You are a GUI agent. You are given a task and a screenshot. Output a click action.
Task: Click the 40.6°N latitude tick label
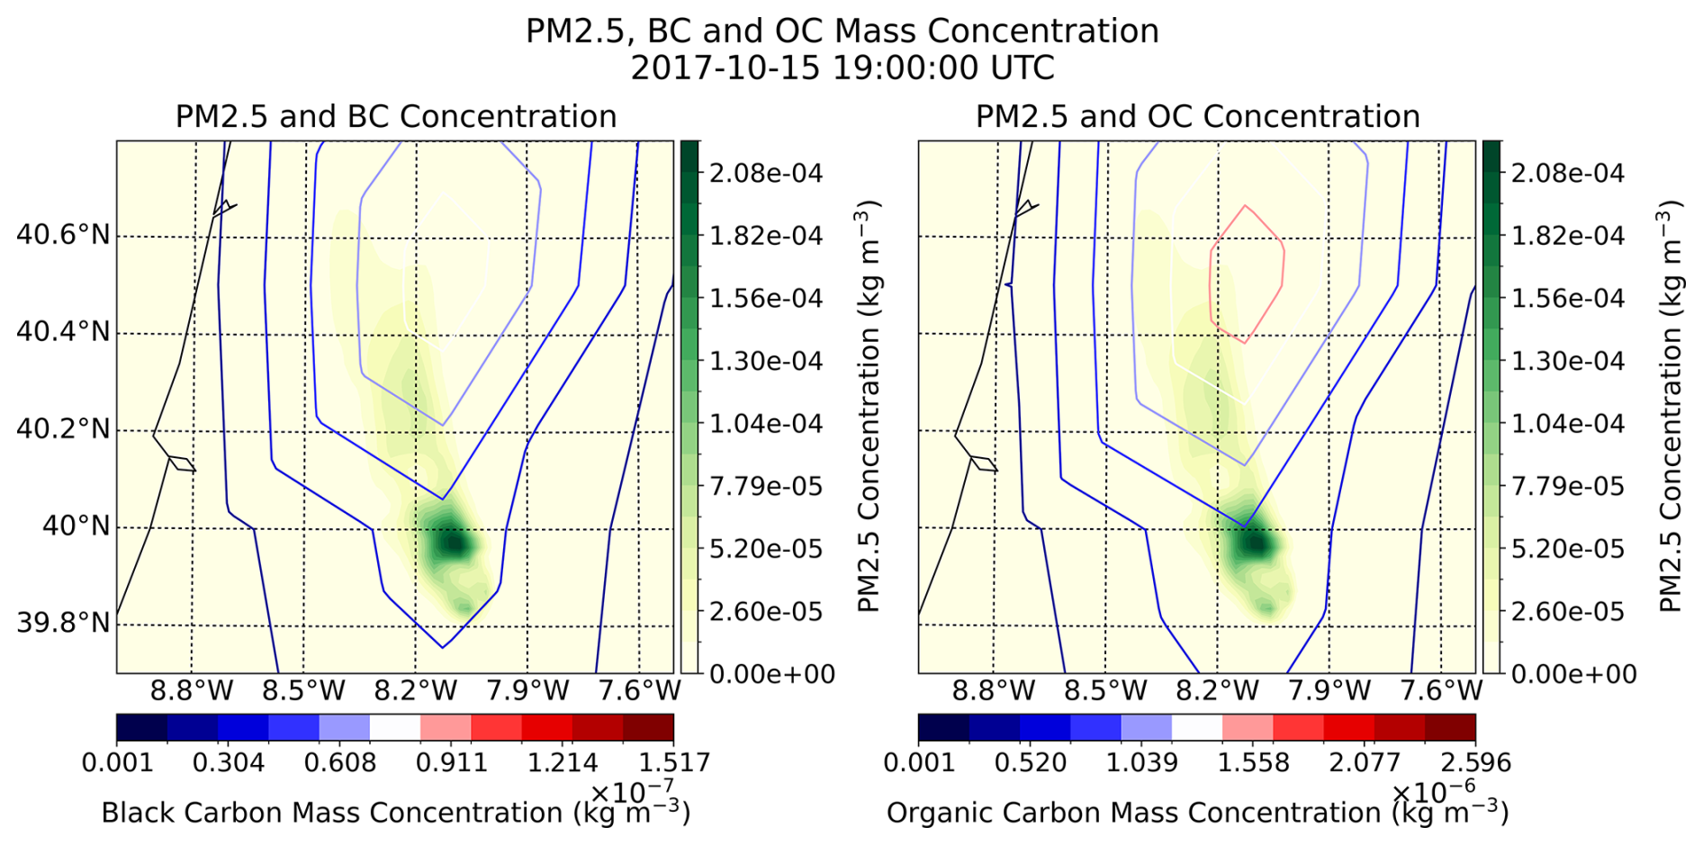63,236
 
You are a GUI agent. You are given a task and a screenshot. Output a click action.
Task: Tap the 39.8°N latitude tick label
63,623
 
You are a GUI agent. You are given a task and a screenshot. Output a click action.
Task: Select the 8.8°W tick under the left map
192,691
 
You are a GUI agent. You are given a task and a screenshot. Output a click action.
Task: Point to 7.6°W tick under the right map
1441,691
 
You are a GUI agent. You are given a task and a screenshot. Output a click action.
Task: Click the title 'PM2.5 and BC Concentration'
396,117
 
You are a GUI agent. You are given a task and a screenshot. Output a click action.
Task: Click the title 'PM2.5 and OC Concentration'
1198,117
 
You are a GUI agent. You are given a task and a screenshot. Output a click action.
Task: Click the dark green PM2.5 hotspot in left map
453,544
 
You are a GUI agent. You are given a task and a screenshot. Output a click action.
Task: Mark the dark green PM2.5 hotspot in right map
1255,544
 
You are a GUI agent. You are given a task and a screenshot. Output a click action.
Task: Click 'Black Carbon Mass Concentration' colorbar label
332,813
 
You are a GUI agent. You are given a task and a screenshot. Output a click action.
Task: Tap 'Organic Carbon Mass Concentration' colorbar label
1133,813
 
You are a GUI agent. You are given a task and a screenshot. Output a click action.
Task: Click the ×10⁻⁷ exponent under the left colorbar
632,792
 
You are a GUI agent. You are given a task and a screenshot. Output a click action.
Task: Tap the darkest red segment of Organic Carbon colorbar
1450,727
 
